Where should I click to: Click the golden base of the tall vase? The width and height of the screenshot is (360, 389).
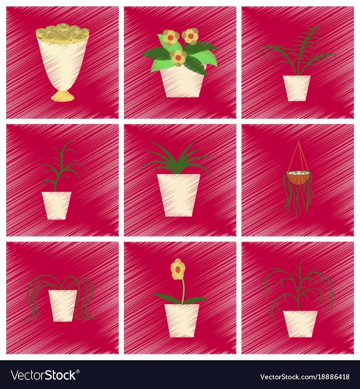point(63,96)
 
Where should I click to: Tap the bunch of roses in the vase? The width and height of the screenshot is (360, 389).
point(62,34)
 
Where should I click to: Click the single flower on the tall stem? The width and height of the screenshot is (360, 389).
point(177,269)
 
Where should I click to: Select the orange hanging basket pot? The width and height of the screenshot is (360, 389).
point(297,178)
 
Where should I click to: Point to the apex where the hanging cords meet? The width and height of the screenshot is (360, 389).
point(298,141)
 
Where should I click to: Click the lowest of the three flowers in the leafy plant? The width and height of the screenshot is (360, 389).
point(178,59)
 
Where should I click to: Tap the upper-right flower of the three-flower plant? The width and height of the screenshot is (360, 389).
point(191,36)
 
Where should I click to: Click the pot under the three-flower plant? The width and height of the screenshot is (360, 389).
point(182,82)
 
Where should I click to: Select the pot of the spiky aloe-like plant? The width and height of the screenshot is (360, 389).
point(178,195)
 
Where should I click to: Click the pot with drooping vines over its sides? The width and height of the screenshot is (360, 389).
point(63,306)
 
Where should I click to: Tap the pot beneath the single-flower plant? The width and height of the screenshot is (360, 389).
point(182,320)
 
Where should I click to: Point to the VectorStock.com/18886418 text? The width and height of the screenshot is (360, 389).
point(305,377)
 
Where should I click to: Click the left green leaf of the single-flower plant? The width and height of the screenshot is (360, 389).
point(168,298)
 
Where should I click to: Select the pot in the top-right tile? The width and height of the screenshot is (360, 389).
point(297,88)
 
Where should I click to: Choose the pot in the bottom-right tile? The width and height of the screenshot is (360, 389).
point(300,324)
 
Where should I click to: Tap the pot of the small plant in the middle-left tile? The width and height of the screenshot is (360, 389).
point(56,205)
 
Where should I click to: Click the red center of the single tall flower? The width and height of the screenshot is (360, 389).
point(177,269)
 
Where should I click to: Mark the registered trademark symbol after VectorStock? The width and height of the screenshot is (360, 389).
point(78,372)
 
